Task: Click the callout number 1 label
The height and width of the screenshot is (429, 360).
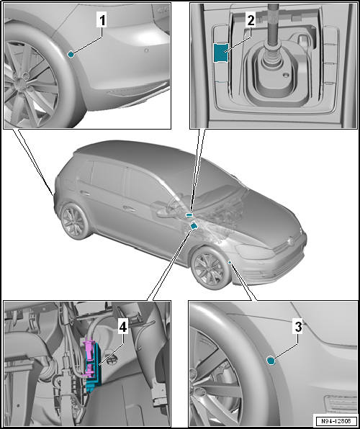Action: click(102, 21)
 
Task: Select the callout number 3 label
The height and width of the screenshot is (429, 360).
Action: click(298, 327)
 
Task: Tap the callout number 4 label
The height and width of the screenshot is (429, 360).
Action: click(123, 327)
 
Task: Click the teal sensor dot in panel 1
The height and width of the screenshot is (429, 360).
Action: click(71, 55)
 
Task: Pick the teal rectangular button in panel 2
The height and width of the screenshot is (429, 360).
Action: click(221, 53)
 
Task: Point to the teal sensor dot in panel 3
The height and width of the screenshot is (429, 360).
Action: click(271, 361)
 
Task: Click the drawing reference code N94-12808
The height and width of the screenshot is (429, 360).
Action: click(336, 421)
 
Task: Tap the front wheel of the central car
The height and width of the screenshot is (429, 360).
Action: click(210, 267)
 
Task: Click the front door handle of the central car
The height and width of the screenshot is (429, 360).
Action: click(130, 209)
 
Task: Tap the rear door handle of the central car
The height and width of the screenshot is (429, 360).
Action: click(86, 193)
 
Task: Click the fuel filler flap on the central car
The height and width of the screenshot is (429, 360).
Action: click(70, 185)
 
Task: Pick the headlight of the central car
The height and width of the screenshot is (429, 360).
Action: click(253, 251)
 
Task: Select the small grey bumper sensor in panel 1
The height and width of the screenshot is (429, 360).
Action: click(146, 51)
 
